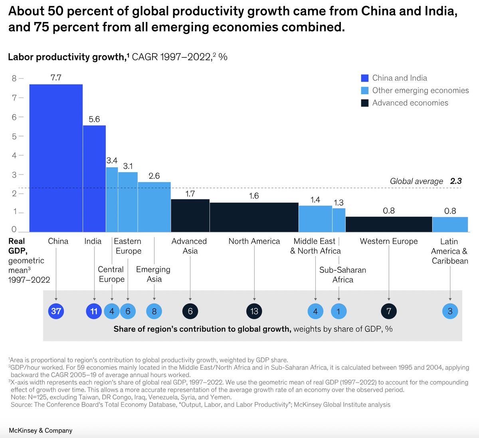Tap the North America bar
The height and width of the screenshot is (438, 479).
[x=254, y=217]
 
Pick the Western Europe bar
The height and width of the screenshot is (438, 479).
[x=389, y=224]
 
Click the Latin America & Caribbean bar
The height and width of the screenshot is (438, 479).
[x=450, y=224]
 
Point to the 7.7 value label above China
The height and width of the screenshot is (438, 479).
[x=56, y=77]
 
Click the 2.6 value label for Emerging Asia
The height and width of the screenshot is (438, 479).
[x=154, y=176]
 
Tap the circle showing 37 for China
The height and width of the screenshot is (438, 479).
[x=56, y=311]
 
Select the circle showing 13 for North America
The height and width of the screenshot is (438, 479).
[x=254, y=311]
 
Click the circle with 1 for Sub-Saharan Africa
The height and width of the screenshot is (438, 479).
[x=338, y=311]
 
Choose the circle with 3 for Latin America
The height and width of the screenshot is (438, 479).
[x=450, y=311]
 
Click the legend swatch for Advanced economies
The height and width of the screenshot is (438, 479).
[x=364, y=103]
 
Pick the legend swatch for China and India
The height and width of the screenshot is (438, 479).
[x=364, y=78]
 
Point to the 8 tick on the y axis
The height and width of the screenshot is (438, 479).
[x=14, y=78]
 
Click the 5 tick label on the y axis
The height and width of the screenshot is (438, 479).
[x=14, y=136]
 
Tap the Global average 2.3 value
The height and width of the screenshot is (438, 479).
[x=456, y=181]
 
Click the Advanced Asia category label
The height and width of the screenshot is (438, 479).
[x=190, y=246]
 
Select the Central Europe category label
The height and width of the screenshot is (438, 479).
[x=111, y=274]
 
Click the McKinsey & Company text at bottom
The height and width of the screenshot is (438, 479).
[x=41, y=430]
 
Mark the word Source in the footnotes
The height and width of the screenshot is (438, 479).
[x=22, y=404]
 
